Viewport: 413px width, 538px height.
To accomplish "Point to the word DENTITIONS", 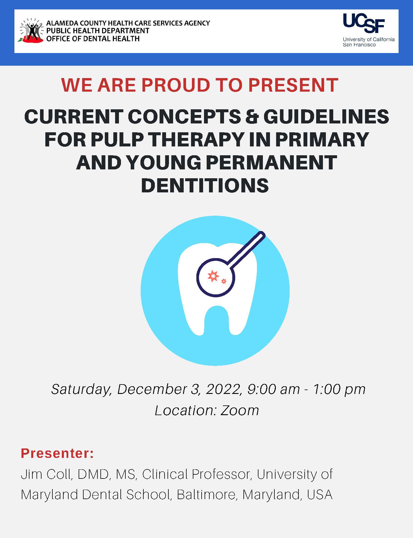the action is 205,185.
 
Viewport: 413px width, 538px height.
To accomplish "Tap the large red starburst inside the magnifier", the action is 213,276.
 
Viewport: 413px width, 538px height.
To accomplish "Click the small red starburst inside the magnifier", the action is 224,281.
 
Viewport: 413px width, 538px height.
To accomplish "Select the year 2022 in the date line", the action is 223,389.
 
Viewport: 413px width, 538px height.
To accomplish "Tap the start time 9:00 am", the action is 274,389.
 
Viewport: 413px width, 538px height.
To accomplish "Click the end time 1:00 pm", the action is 339,390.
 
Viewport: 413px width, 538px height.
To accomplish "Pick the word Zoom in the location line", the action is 240,410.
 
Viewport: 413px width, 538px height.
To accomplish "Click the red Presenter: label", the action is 57,453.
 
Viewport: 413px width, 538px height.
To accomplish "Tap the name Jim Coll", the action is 46,474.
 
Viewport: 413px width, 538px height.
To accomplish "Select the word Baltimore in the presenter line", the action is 207,495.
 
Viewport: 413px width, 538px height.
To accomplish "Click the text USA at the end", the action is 320,495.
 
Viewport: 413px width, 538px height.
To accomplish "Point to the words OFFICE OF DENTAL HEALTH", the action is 93,39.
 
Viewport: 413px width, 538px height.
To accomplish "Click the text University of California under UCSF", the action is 369,39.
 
